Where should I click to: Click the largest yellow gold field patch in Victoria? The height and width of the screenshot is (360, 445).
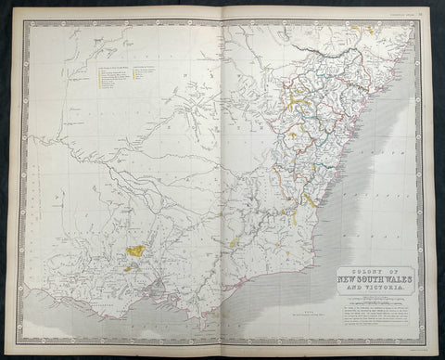[x=136, y=251]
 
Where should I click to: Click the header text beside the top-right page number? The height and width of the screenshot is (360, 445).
[x=399, y=13]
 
